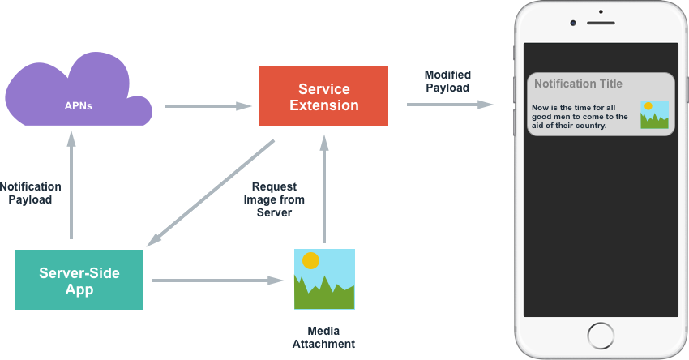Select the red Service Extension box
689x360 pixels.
point(323,96)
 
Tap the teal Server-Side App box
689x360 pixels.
point(79,280)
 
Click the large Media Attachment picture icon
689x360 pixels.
point(324,279)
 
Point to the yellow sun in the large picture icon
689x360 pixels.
point(310,260)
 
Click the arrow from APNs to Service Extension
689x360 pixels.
point(208,105)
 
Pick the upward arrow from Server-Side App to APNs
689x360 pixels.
point(71,187)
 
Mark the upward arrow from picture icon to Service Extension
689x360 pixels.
point(324,189)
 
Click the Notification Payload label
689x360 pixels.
point(31,193)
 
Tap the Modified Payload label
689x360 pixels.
point(447,81)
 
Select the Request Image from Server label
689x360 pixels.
point(274,199)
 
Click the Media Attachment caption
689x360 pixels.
point(324,337)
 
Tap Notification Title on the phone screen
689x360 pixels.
point(578,84)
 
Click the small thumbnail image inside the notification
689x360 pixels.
point(654,114)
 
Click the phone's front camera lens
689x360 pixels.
point(573,23)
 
